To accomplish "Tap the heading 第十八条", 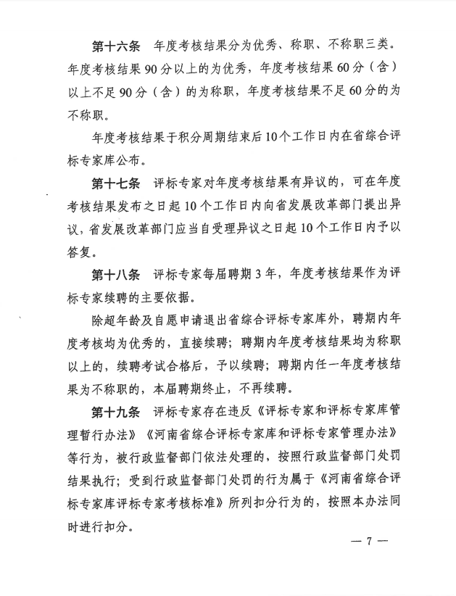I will [116, 274].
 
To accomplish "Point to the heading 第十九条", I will [116, 413].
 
